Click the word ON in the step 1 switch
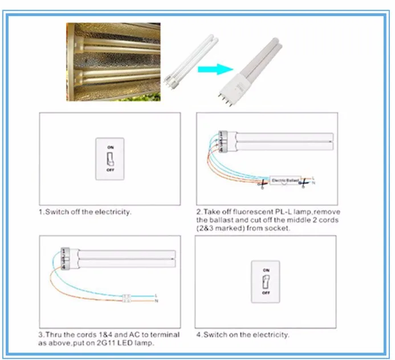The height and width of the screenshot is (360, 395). [x=109, y=147]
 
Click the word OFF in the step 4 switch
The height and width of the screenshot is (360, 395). [x=266, y=292]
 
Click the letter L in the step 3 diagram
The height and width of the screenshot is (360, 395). [x=156, y=295]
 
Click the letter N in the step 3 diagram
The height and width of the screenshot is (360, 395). [x=156, y=301]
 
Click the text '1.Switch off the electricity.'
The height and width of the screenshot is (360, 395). [x=85, y=212]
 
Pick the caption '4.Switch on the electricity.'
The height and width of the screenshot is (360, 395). [x=243, y=334]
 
